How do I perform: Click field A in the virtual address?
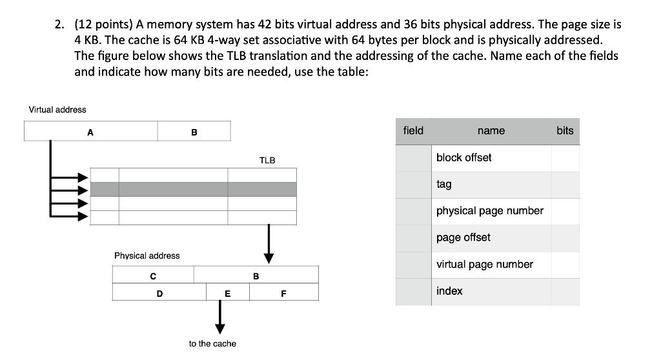(90, 132)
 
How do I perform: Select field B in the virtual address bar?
(194, 132)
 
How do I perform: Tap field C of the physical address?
(152, 275)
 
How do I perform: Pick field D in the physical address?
(159, 293)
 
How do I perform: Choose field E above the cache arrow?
(227, 293)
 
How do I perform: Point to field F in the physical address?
(283, 293)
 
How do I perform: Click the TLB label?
(267, 160)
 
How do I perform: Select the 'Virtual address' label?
(57, 110)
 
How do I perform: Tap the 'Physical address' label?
(147, 255)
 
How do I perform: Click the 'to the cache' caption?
(212, 344)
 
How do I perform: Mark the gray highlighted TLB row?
(193, 189)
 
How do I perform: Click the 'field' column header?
(413, 131)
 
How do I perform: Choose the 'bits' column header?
(565, 131)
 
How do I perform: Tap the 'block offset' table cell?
(463, 157)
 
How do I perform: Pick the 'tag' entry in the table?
(444, 185)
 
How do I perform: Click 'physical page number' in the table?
(490, 211)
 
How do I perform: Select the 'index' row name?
(449, 291)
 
